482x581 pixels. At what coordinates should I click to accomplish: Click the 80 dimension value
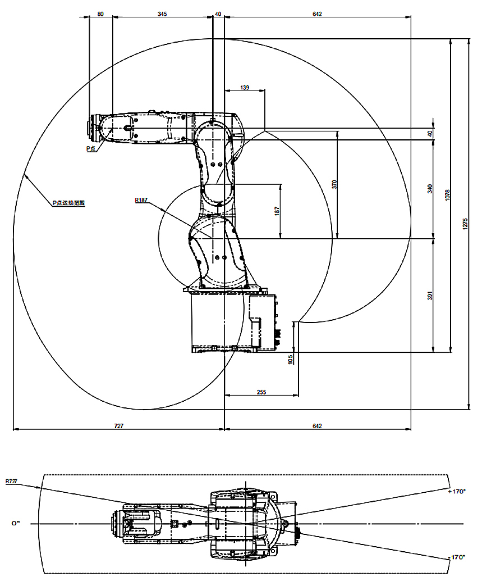[100, 13]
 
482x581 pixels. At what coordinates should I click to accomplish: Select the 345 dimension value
[162, 13]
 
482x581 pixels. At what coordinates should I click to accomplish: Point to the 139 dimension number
[244, 88]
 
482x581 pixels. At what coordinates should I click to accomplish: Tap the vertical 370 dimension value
[334, 184]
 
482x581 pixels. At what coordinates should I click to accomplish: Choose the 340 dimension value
[430, 188]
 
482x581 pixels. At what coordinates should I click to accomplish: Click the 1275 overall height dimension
[465, 223]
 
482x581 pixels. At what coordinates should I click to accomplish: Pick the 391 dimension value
[430, 296]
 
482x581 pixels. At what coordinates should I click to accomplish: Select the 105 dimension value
[291, 359]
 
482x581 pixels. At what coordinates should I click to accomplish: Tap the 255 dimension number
[261, 392]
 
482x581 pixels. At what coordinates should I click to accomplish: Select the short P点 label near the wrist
[90, 148]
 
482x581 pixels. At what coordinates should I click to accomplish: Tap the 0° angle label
[16, 523]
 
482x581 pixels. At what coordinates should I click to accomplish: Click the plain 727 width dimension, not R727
[118, 426]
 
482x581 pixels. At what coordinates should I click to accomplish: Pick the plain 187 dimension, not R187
[277, 211]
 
